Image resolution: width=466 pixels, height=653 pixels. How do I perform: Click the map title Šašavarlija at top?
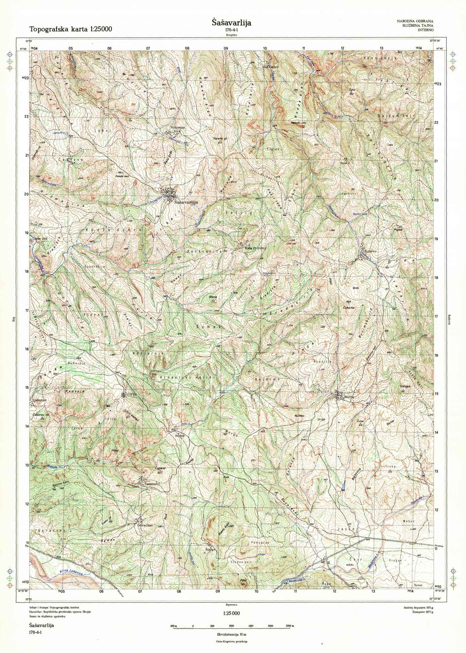pos(231,23)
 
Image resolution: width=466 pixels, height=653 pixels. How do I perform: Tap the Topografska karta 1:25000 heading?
pos(71,29)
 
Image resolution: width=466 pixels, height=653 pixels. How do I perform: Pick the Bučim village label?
pos(349,397)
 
